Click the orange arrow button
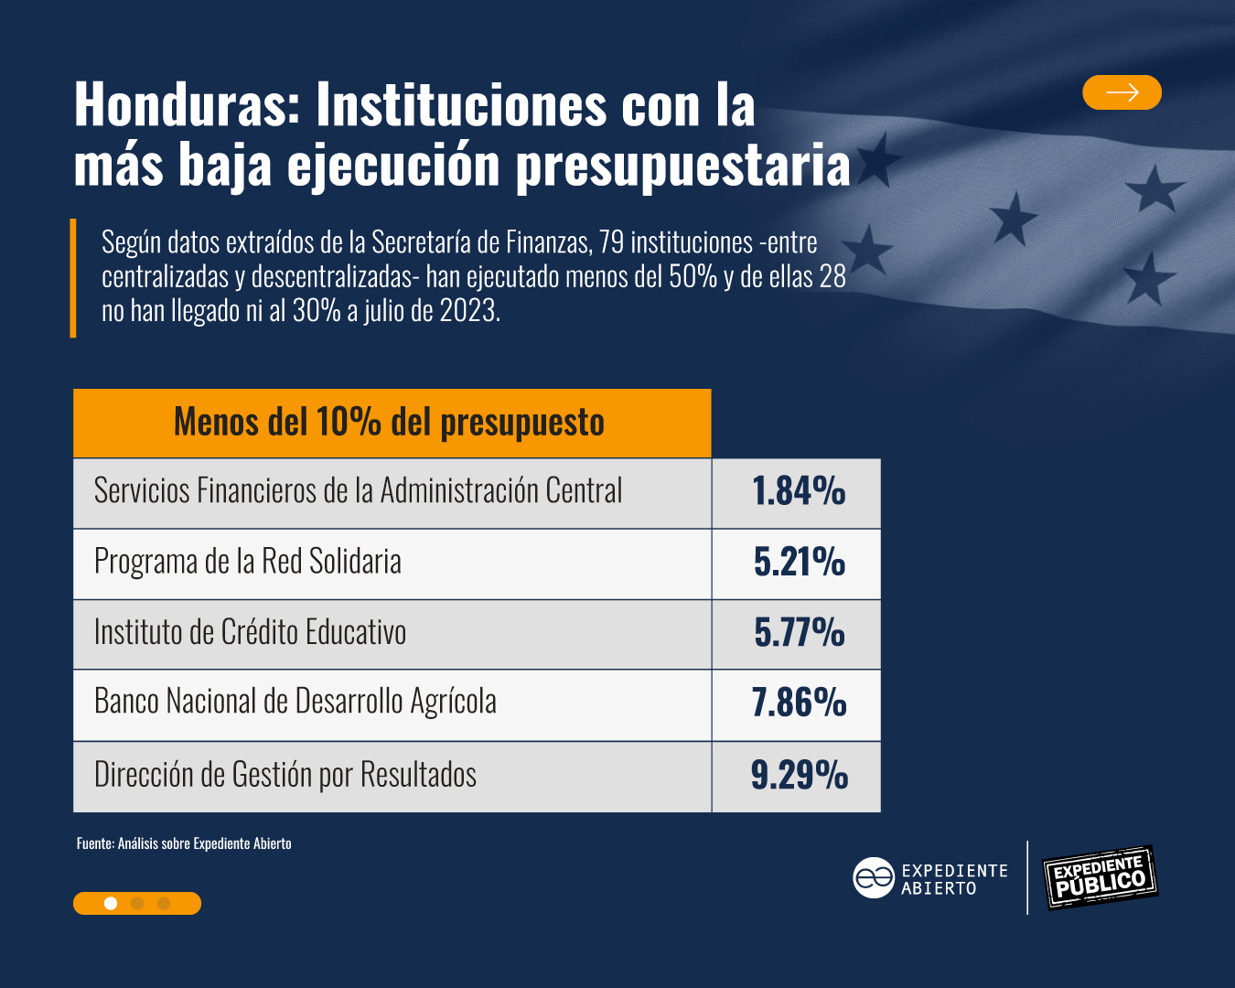point(1122,92)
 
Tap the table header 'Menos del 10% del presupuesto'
point(392,423)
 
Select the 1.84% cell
point(798,492)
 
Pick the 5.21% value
point(798,563)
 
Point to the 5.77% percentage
point(798,633)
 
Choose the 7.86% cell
point(798,703)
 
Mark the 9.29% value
point(798,776)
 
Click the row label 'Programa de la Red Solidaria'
point(248,562)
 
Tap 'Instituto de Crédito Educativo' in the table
point(250,632)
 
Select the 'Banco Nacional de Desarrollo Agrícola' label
point(295,702)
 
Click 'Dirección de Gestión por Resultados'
point(285,775)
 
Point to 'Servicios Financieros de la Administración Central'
point(358,491)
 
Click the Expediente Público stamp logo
point(1101,877)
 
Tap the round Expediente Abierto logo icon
point(873,878)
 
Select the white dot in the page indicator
point(111,904)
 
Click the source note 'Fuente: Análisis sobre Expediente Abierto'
point(184,843)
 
